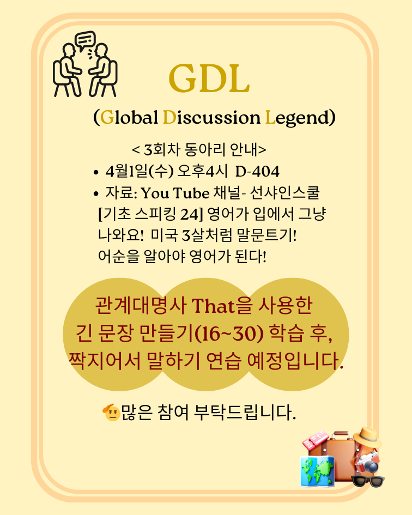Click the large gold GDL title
tap(209, 78)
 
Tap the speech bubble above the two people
tap(85, 40)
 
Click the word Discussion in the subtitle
tap(211, 117)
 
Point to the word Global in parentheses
tap(129, 117)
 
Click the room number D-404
tap(257, 171)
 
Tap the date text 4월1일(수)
tap(140, 171)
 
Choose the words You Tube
tap(175, 193)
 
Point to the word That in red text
tap(213, 306)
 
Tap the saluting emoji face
tap(111, 412)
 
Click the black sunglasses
tap(368, 481)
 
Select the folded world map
tap(317, 471)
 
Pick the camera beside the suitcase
tap(368, 462)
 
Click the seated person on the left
tap(68, 70)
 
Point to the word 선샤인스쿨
tap(284, 193)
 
